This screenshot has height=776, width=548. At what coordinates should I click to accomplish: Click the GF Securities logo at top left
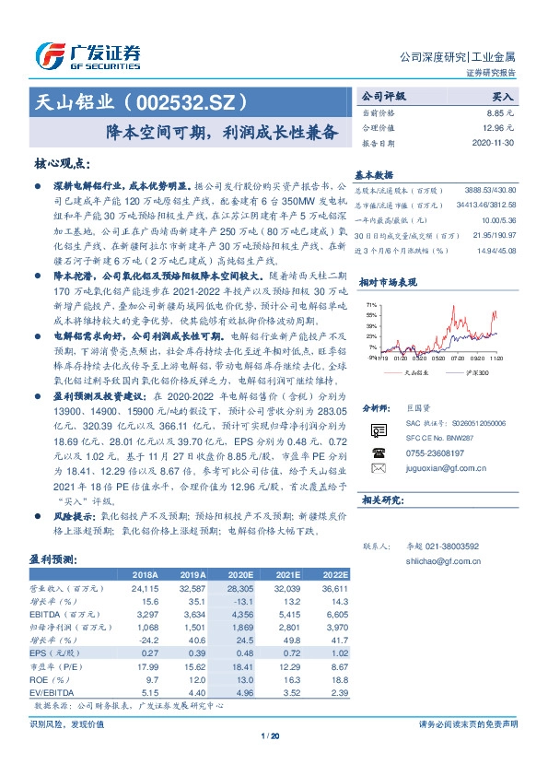87,55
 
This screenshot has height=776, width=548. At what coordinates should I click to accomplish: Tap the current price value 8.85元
501,112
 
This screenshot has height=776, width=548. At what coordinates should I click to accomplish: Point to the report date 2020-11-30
495,144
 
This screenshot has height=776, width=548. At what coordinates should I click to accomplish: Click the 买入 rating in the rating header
503,95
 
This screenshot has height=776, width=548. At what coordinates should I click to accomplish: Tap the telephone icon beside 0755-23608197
379,453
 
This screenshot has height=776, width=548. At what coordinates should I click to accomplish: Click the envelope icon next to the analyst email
379,470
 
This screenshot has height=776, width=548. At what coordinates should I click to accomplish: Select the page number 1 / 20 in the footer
270,735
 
